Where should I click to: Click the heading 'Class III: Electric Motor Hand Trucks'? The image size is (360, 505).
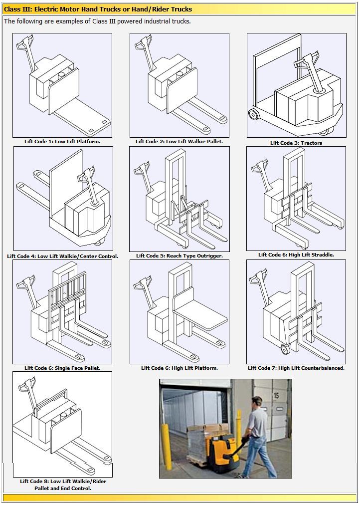[x=98, y=9]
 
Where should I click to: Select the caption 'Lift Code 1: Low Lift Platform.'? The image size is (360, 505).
[x=62, y=141]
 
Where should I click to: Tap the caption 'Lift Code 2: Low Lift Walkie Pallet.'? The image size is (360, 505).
[x=180, y=141]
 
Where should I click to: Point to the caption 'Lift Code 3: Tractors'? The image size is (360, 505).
[x=296, y=143]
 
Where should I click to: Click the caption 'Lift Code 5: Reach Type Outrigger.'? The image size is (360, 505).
[x=180, y=255]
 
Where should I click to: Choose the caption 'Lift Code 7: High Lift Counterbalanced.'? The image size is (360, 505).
[x=296, y=368]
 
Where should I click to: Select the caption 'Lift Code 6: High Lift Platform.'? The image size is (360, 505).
[x=180, y=368]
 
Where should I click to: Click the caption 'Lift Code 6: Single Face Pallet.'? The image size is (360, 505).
[x=62, y=368]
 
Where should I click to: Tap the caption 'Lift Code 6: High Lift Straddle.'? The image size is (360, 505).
[x=296, y=254]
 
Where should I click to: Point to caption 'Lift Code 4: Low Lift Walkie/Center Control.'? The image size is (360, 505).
[x=63, y=256]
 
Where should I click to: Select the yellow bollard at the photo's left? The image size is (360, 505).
[x=167, y=447]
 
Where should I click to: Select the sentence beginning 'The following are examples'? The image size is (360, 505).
[x=97, y=21]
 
